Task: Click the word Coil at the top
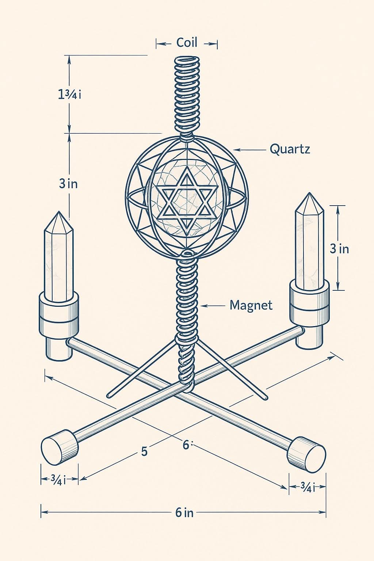tap(187, 42)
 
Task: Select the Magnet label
tap(251, 305)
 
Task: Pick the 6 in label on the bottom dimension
tap(184, 512)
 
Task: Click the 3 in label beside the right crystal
tap(339, 249)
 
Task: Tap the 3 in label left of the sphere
tap(68, 183)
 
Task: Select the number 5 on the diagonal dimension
tap(144, 451)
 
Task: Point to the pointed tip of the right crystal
tap(309, 196)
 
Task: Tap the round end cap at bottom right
tap(306, 453)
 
